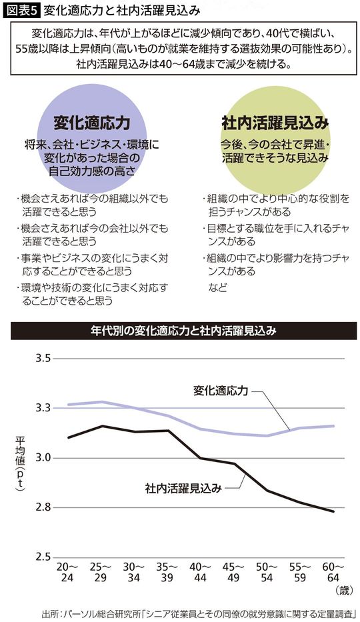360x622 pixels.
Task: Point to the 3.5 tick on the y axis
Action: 43,359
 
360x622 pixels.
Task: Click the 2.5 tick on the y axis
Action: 43,557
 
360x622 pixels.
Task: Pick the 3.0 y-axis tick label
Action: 43,458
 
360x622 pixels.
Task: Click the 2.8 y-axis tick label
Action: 43,507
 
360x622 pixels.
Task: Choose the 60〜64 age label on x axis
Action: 333,572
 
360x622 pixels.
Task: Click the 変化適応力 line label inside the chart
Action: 221,390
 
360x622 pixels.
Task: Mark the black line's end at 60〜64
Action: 333,511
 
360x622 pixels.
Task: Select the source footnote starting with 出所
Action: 199,612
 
